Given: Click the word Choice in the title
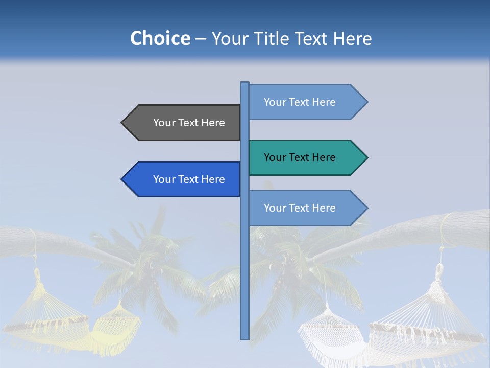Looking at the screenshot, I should click(160, 38).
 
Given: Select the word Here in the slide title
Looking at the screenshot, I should click(352, 38).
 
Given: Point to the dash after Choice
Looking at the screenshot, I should click(201, 39).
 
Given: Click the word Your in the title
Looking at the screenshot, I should click(229, 38).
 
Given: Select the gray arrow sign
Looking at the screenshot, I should click(184, 123).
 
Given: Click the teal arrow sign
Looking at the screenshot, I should click(306, 157).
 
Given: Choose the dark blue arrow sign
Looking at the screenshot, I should click(184, 179).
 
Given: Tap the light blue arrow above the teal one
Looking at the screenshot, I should click(306, 102).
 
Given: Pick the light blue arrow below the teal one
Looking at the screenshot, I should click(306, 208).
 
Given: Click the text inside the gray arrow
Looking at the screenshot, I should click(189, 123).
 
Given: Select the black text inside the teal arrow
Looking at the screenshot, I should click(300, 157).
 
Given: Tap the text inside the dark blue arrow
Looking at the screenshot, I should click(189, 179).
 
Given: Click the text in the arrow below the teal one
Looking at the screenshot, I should click(300, 208).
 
